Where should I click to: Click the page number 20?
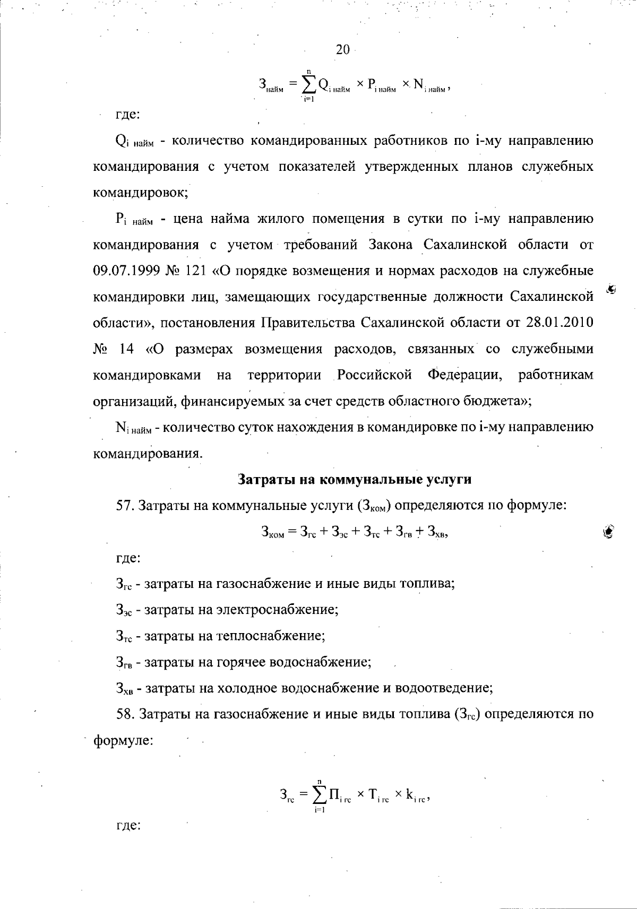343,50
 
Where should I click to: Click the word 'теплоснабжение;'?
271,635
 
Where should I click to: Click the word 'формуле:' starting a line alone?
123,740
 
